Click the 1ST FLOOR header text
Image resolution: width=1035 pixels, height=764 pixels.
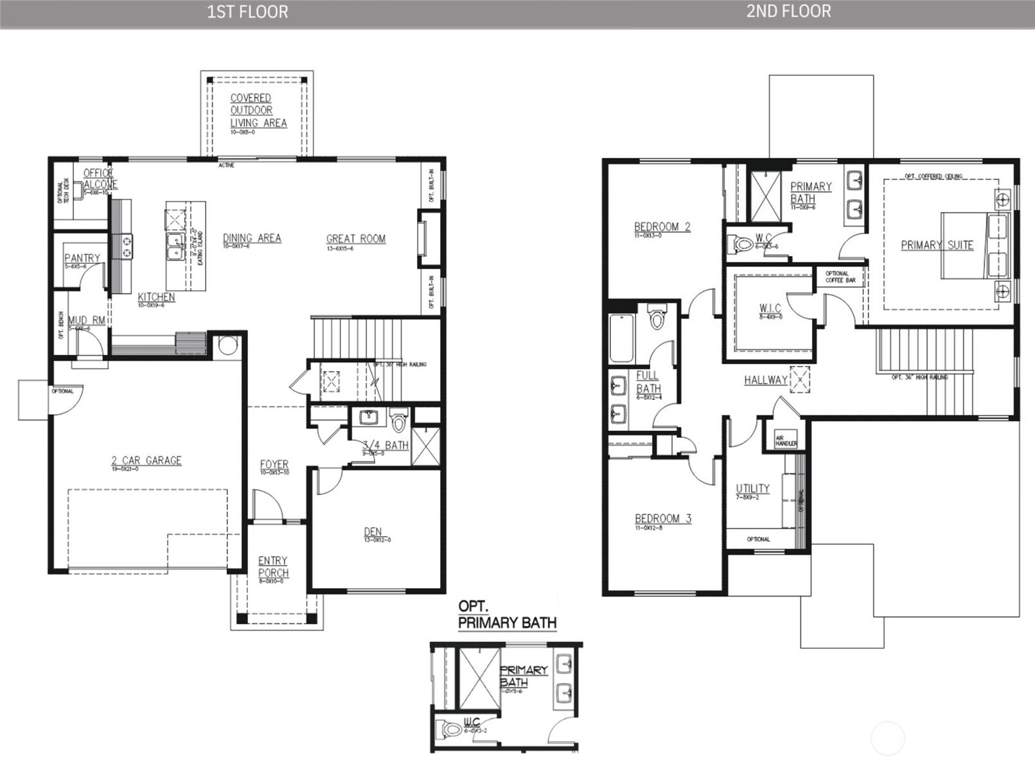(x=247, y=12)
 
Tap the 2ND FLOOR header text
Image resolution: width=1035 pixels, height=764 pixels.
(x=788, y=12)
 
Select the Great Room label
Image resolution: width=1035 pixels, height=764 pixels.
(x=356, y=239)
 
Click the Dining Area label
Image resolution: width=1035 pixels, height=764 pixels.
(x=252, y=238)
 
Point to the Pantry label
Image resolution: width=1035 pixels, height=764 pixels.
(x=82, y=258)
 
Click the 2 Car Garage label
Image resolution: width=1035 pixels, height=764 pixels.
(x=146, y=460)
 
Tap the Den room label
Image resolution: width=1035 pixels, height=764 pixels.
(x=373, y=532)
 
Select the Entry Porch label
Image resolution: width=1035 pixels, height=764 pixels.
(x=273, y=567)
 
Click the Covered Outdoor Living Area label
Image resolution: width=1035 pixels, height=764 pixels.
(x=258, y=110)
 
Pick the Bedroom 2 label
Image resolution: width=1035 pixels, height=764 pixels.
(x=662, y=227)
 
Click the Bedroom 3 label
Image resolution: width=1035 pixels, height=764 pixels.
(x=663, y=519)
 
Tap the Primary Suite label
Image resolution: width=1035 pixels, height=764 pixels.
(x=937, y=245)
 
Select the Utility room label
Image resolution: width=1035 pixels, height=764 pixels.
(x=752, y=489)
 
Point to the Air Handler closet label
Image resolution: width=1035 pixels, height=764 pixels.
(x=786, y=440)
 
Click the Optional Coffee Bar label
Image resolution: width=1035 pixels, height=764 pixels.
(x=840, y=277)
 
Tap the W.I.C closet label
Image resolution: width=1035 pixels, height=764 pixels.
(x=770, y=309)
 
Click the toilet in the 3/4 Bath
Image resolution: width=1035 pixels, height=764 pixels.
(x=399, y=422)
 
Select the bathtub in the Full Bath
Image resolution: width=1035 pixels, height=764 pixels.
(x=621, y=338)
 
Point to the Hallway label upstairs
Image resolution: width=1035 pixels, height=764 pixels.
(x=766, y=380)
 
